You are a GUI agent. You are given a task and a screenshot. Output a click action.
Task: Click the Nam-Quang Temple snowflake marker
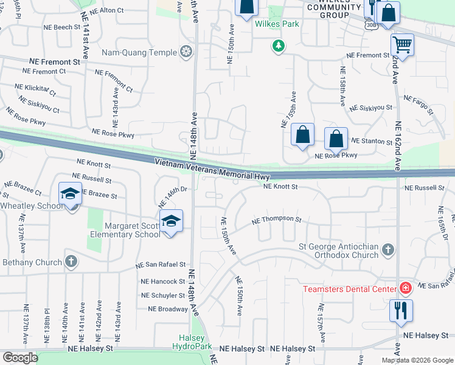[x=187, y=53]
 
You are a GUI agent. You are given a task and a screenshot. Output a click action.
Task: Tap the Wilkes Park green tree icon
[x=279, y=46]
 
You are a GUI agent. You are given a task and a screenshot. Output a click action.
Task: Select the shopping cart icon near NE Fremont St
[x=402, y=44]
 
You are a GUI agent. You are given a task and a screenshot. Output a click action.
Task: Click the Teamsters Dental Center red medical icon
[x=405, y=288]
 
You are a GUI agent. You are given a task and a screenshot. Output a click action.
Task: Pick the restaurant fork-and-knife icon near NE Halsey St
[x=401, y=310]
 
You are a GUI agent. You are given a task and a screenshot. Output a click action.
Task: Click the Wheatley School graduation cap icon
[x=70, y=194]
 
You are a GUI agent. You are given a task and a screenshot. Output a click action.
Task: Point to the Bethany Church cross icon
[x=71, y=262]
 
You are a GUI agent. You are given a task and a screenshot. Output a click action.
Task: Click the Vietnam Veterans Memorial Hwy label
[x=212, y=169]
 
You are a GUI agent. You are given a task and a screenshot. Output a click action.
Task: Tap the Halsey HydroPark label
[x=195, y=342]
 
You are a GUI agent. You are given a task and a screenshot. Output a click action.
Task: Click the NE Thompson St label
[x=277, y=219]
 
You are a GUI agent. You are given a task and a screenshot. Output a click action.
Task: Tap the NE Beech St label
[x=61, y=27]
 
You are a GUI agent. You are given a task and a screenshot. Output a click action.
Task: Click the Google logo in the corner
[x=20, y=358]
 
